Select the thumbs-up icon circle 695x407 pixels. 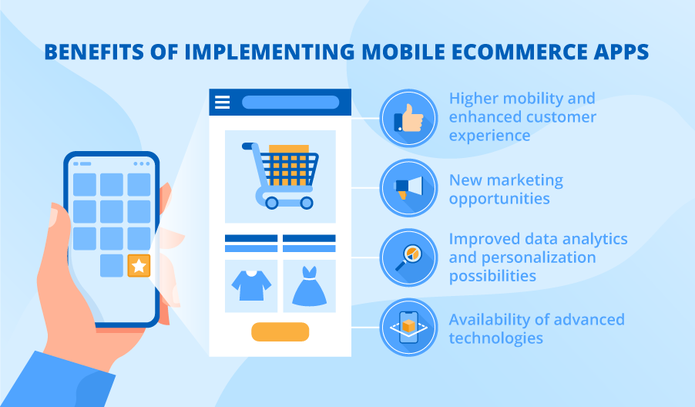tap(408, 118)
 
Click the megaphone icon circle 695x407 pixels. tap(408, 187)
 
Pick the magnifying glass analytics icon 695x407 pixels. tap(408, 257)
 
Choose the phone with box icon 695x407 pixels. tap(408, 327)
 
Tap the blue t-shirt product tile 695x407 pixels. tap(251, 286)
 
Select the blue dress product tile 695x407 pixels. tap(309, 286)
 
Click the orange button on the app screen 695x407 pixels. tap(280, 332)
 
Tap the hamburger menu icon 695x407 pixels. tap(223, 103)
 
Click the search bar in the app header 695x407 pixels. tap(290, 103)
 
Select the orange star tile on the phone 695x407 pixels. tap(139, 266)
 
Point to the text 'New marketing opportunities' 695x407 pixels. tap(505, 190)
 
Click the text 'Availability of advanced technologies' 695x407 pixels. tap(536, 328)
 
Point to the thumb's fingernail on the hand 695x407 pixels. tap(53, 218)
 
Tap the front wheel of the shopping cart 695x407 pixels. tap(307, 203)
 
